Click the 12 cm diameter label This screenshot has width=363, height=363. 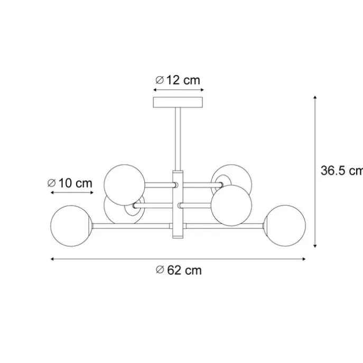coord(178,80)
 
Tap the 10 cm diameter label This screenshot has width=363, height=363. coord(70,183)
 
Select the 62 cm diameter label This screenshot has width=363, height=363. coord(179,270)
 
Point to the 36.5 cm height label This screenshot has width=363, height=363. coord(341,171)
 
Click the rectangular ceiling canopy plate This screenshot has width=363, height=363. coord(178,102)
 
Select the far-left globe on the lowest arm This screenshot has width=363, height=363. coord(70,225)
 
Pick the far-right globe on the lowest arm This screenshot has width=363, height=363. coord(286,225)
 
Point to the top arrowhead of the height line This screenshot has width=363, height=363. coord(315,98)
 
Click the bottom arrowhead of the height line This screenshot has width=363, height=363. coord(315,245)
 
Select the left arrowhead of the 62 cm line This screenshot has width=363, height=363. coord(53,259)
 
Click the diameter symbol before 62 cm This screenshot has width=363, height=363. coord(160,270)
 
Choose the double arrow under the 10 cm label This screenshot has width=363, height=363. coord(70,193)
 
